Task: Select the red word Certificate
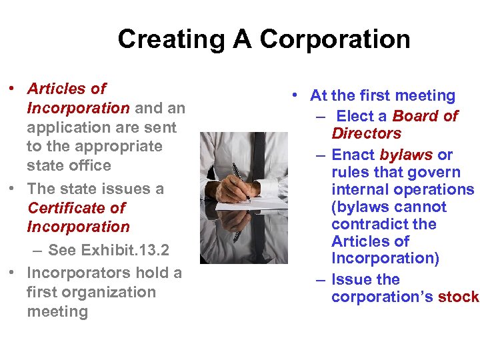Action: [x=76, y=208]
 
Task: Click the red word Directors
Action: [x=366, y=133]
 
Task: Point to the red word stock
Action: [x=459, y=297]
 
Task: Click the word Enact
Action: [x=353, y=155]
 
